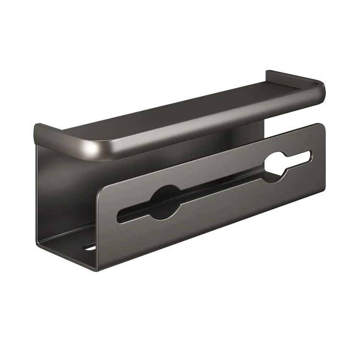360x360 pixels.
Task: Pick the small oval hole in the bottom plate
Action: click(88, 247)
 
